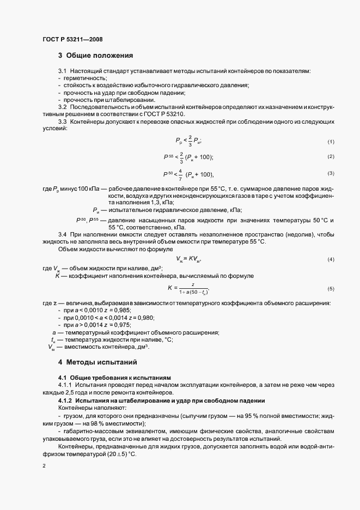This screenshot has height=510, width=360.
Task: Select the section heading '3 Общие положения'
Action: (x=96, y=56)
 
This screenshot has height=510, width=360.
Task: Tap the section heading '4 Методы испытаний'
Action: (x=97, y=362)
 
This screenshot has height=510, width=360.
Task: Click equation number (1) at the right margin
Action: (x=330, y=142)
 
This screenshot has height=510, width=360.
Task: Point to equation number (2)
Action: (x=330, y=157)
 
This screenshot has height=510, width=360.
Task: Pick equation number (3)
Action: (x=330, y=173)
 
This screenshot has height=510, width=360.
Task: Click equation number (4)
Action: (x=330, y=259)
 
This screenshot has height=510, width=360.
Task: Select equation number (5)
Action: (x=330, y=288)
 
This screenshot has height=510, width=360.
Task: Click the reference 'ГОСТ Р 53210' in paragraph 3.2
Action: (x=166, y=115)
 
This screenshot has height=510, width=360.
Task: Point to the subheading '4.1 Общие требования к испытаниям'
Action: (x=114, y=378)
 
